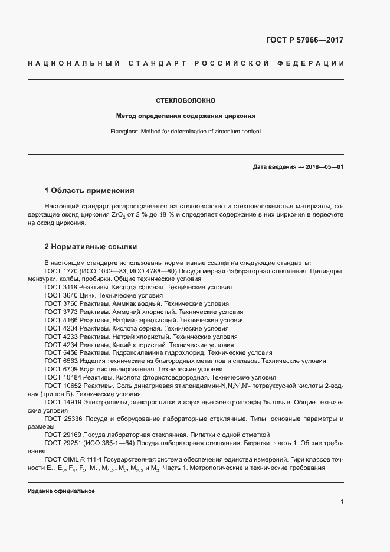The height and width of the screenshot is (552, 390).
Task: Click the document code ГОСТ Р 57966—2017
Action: [305, 41]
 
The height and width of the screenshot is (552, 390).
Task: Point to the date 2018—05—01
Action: [322, 168]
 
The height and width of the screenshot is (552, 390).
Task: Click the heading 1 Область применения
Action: [89, 191]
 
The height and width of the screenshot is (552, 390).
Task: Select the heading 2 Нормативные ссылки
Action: [91, 246]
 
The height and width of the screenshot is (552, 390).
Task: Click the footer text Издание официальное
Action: [61, 491]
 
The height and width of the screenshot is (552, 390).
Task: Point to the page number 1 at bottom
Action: [342, 502]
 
